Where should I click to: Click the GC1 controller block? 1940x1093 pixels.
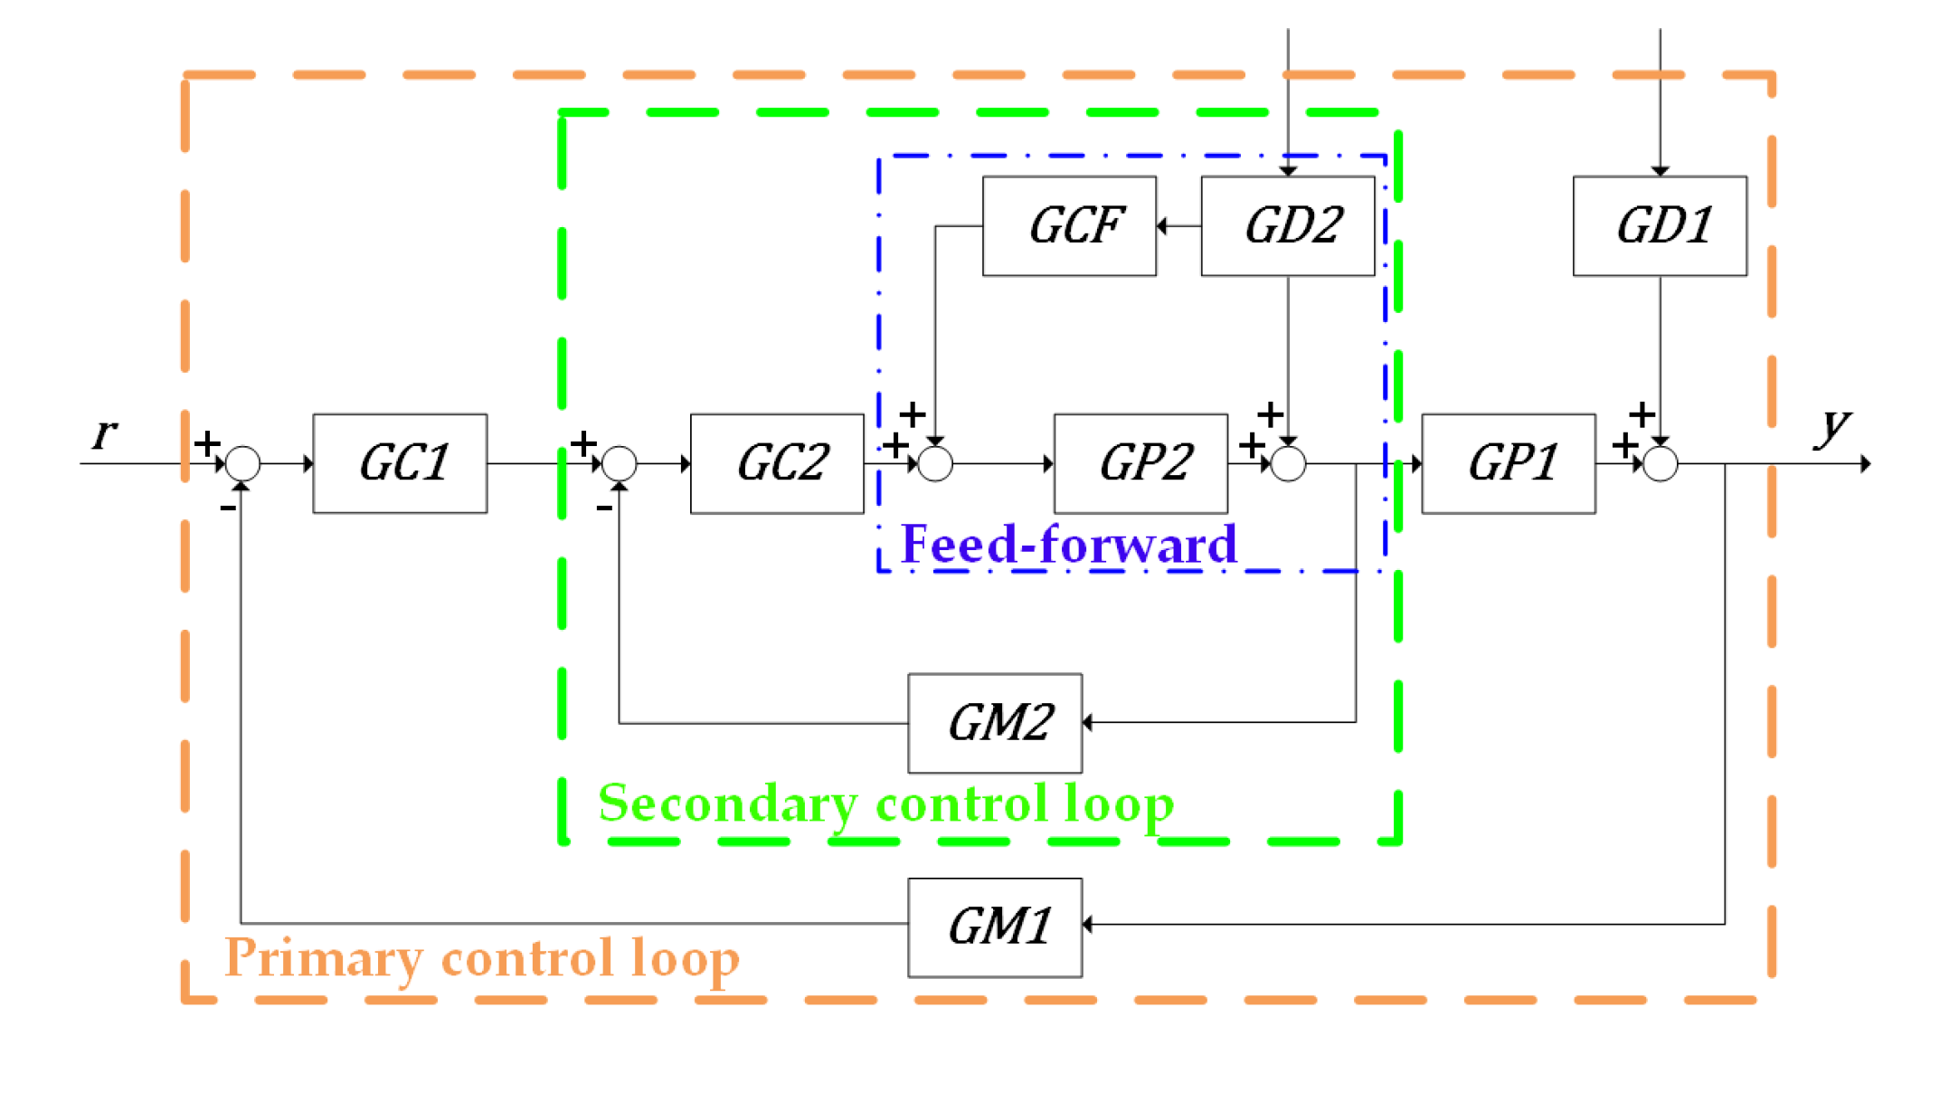400,463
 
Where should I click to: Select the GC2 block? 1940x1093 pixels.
777,463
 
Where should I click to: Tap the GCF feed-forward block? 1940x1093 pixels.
1069,225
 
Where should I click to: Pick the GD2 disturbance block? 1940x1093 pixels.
1287,225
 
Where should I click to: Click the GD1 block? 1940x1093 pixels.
1660,225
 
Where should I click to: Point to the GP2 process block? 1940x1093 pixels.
1140,463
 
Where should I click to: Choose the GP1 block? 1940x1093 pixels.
1508,463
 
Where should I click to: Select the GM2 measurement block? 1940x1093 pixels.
995,722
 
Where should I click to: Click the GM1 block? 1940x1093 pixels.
995,927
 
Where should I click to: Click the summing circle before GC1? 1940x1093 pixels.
242,463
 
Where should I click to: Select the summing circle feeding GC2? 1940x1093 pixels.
620,463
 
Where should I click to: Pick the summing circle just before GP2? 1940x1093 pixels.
935,464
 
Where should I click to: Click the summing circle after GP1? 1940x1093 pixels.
1660,464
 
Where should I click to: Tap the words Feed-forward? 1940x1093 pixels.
1068,544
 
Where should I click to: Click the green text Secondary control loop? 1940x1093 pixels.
885,803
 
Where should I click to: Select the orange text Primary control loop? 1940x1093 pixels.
482,957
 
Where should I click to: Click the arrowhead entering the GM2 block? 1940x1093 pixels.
1088,722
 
